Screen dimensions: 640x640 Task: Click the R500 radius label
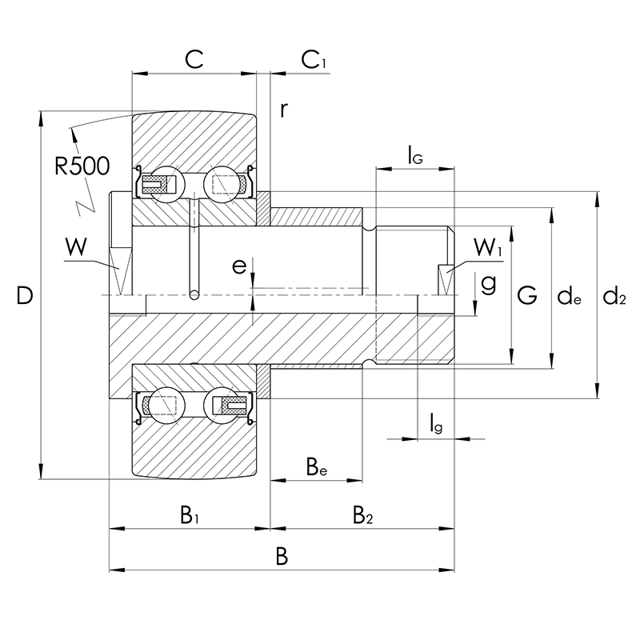tap(82, 166)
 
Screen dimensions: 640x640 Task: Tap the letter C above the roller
tap(194, 59)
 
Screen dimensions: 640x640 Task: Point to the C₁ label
tap(313, 59)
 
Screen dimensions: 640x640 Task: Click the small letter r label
tap(283, 110)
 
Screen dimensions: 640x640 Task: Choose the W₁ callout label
tap(487, 249)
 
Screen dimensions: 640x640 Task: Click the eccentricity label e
tap(239, 266)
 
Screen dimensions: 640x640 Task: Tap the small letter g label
tap(489, 282)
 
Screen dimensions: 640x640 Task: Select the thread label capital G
tap(526, 297)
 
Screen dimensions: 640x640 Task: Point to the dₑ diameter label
tap(569, 298)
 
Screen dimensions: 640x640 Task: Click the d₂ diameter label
tap(614, 298)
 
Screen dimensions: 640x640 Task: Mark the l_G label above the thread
tap(414, 154)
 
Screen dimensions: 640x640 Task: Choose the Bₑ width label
tap(317, 466)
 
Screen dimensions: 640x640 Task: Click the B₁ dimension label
tap(189, 514)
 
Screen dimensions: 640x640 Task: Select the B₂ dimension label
tap(362, 514)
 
